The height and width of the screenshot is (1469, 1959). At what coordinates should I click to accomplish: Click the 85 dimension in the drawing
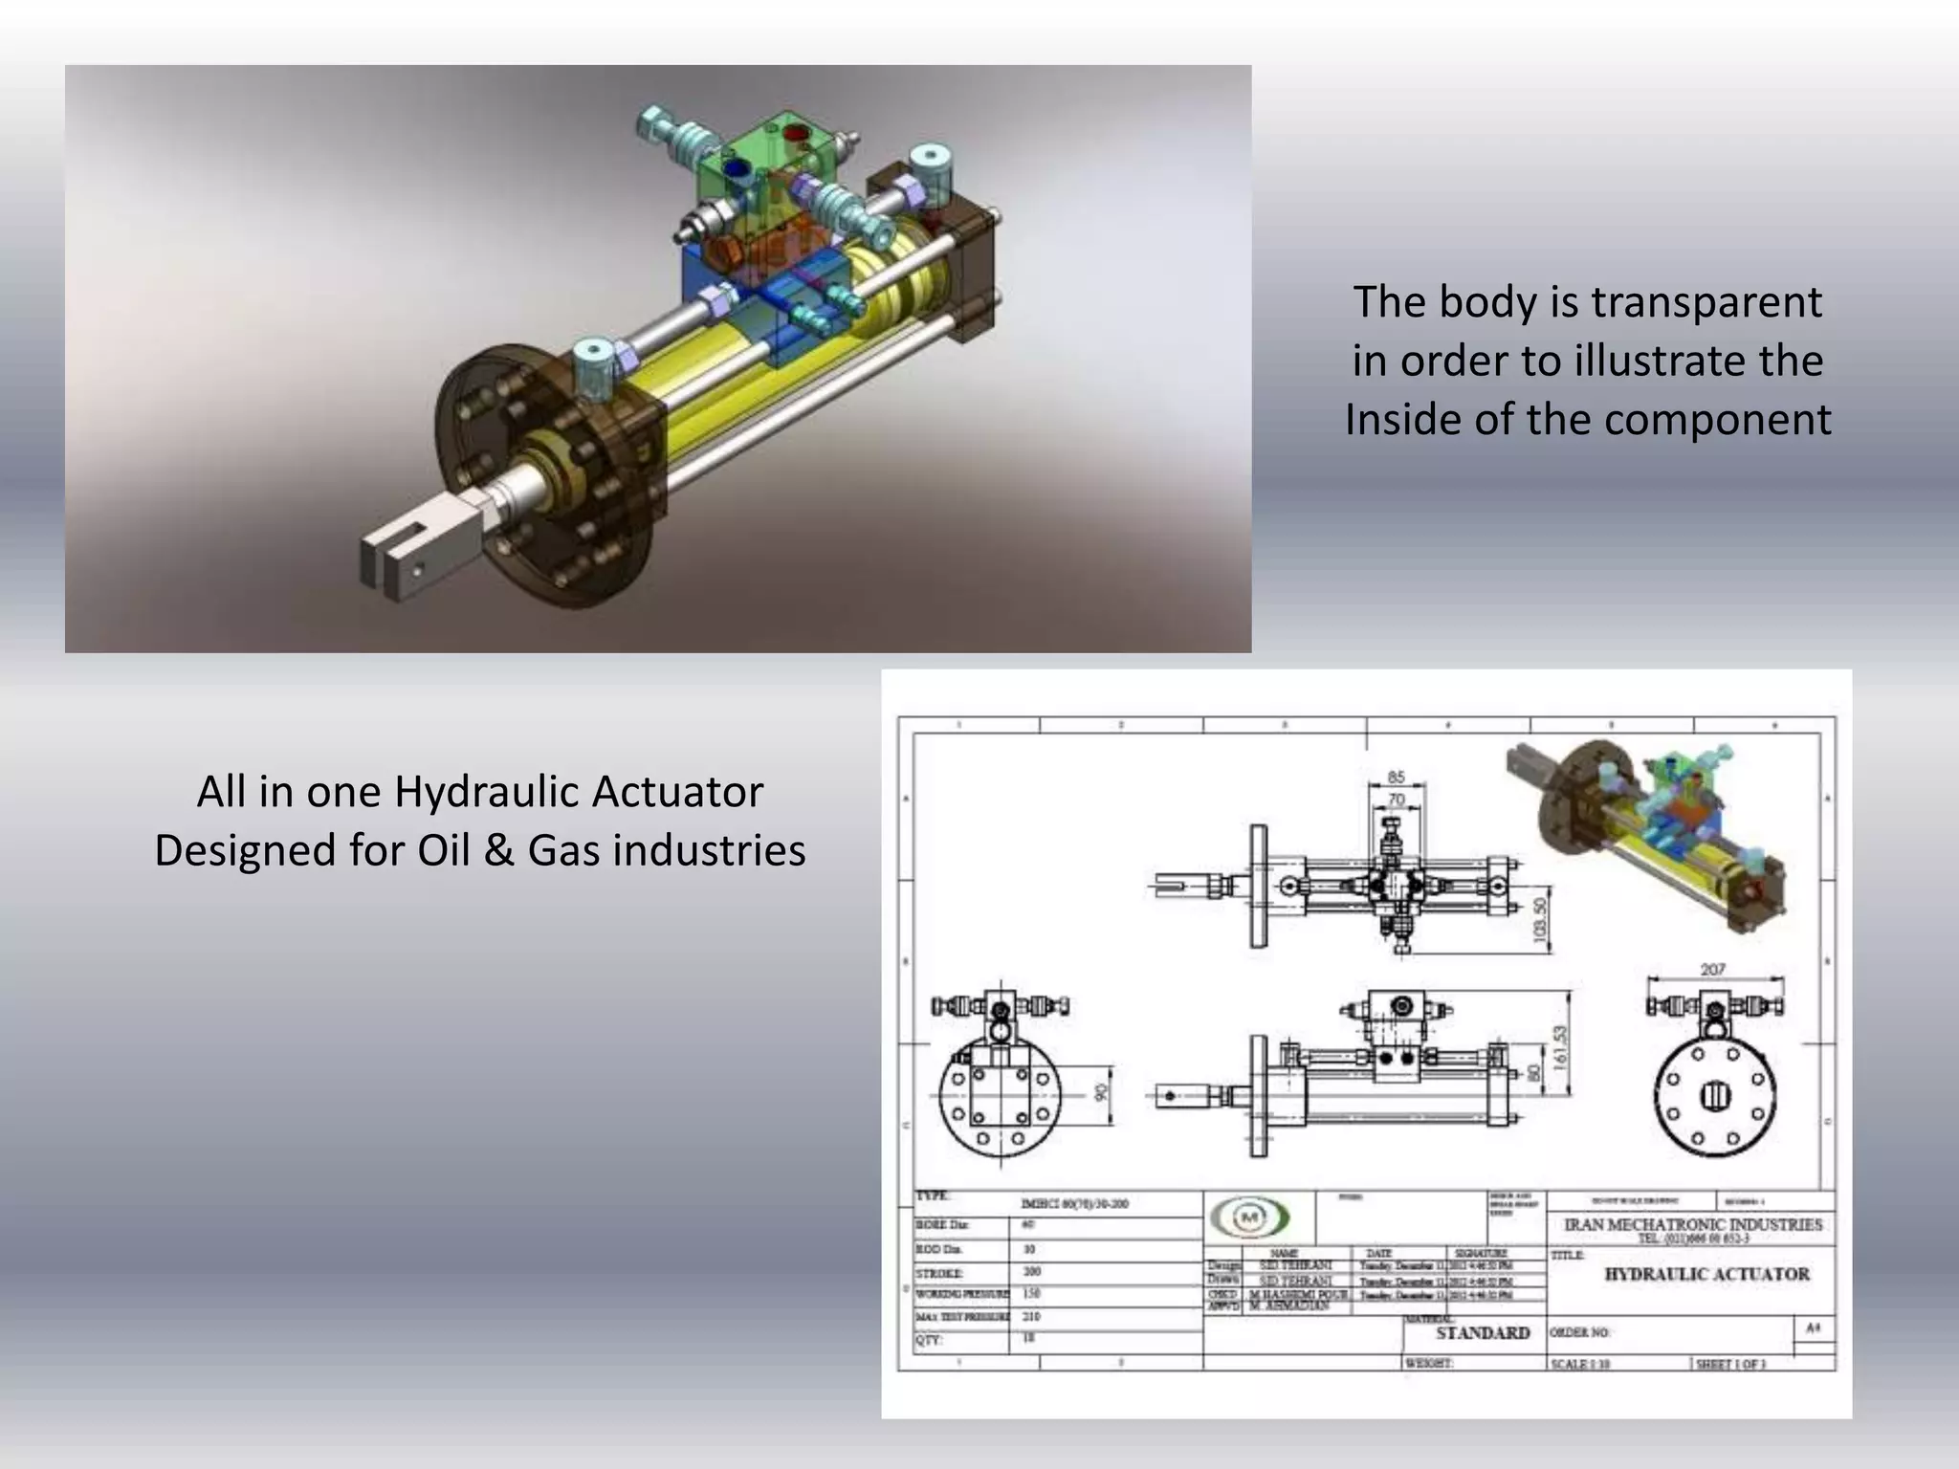[1396, 778]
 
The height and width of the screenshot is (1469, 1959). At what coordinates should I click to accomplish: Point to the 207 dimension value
[1712, 970]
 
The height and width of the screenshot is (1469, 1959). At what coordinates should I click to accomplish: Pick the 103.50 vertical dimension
[1540, 919]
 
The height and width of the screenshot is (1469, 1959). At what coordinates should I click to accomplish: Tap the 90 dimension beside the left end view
[1101, 1093]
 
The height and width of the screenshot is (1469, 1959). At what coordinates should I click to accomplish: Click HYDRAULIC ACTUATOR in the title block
[1706, 1274]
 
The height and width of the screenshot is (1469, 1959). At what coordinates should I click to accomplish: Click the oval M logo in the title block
[1249, 1217]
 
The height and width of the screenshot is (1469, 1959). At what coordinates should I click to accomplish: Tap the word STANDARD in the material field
[1483, 1332]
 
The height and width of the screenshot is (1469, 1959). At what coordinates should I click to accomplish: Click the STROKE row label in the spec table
[939, 1274]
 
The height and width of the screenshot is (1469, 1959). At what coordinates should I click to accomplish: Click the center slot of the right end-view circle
[1715, 1096]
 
